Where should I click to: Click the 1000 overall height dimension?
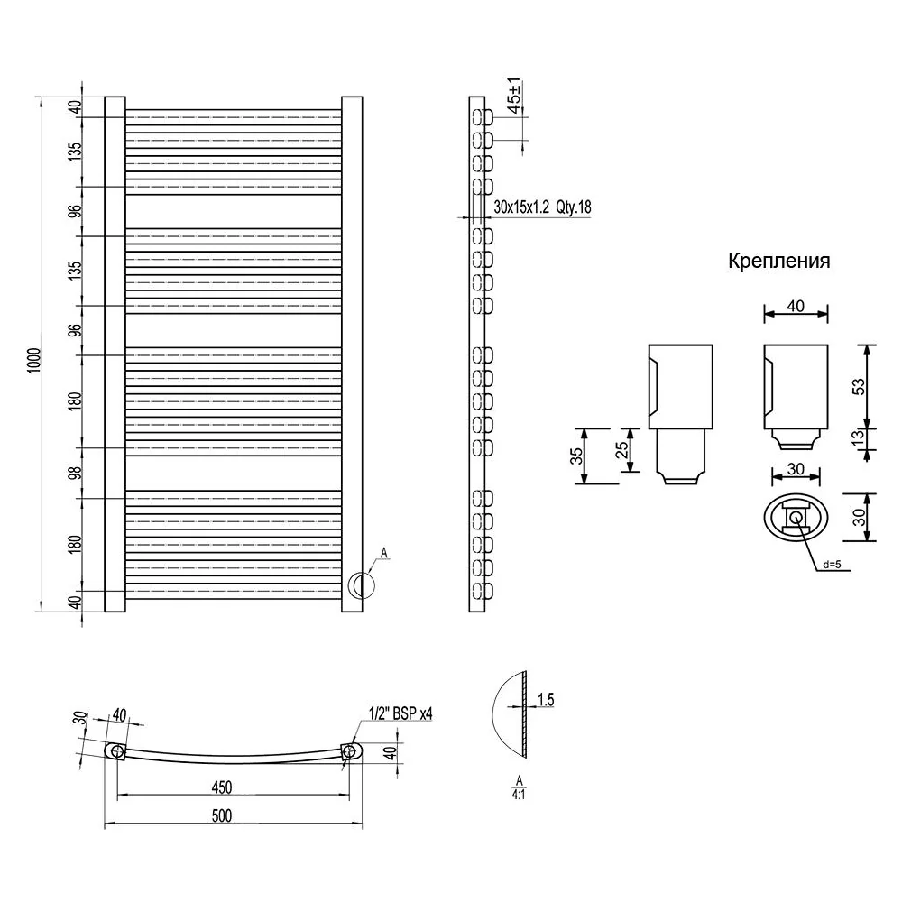tap(34, 360)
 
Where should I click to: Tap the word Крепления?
tap(779, 261)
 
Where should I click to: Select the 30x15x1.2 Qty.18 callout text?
tap(542, 207)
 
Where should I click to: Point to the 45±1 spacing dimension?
tap(514, 95)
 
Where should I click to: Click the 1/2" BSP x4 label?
tap(400, 713)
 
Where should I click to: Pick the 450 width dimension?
tap(222, 787)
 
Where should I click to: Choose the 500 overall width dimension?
tap(222, 815)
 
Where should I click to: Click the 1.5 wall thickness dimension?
tap(546, 700)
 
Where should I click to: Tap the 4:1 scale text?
tap(519, 795)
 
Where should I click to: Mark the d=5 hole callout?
tap(832, 565)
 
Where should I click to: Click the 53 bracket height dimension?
tap(858, 387)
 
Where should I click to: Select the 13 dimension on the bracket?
tap(858, 437)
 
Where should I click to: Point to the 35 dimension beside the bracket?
tap(575, 456)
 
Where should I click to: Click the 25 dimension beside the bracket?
tap(621, 450)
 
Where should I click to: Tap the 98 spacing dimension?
tap(75, 473)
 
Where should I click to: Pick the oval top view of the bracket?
tap(796, 517)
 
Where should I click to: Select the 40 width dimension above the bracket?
tap(796, 306)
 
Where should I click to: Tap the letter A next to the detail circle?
tap(384, 554)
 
